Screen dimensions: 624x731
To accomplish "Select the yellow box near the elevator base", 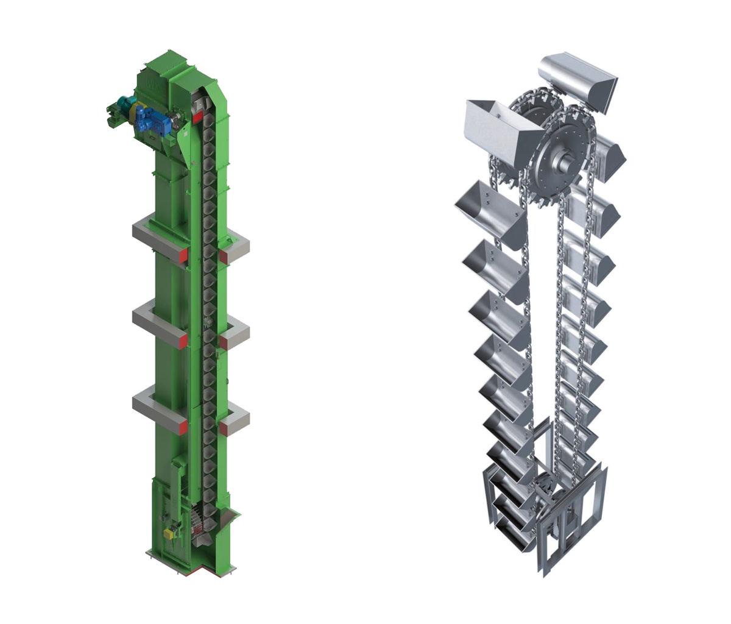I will [x=169, y=533].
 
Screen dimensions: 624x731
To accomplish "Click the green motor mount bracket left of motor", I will [x=113, y=116].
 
